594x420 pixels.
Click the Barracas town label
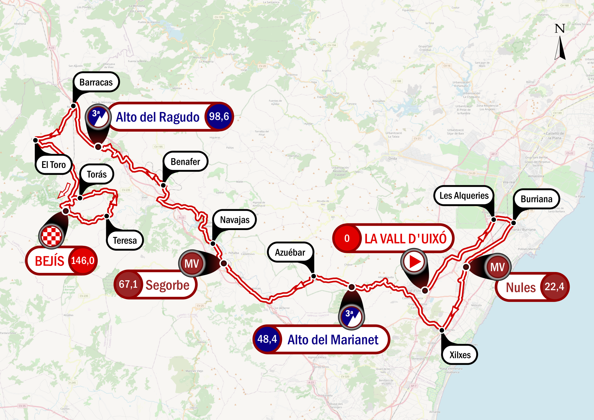96,82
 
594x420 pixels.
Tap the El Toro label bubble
54,165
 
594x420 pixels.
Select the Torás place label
97,174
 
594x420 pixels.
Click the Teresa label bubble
125,240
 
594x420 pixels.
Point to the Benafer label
185,162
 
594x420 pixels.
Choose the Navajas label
235,220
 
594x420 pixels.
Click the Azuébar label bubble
290,252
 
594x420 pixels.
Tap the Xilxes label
460,355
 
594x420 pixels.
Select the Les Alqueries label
464,196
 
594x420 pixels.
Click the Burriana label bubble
537,199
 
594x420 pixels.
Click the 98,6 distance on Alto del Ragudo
219,117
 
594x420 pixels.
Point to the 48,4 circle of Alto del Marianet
267,339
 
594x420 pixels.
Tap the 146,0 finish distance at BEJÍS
83,260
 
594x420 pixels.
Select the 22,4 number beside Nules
554,287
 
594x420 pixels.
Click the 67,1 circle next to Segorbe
128,284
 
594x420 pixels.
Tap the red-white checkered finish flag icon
51,236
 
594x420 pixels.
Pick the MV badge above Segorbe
192,264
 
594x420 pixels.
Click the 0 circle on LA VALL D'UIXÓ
347,238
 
